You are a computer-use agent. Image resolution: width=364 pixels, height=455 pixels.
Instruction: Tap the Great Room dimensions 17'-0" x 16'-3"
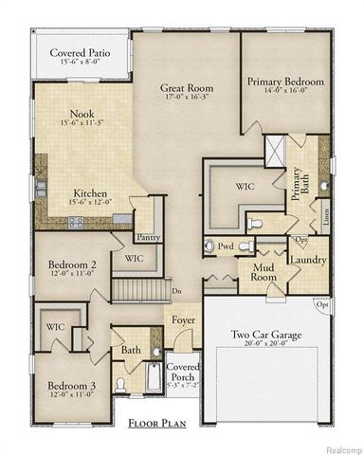pyautogui.click(x=186, y=95)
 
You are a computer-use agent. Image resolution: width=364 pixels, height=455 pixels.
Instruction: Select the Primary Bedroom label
pyautogui.click(x=285, y=82)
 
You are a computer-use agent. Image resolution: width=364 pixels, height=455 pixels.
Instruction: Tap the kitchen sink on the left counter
pyautogui.click(x=41, y=186)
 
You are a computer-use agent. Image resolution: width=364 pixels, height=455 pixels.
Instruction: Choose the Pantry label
pyautogui.click(x=147, y=238)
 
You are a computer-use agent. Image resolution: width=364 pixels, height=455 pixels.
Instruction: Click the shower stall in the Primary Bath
pyautogui.click(x=274, y=151)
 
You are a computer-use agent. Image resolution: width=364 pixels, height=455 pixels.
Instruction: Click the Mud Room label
pyautogui.click(x=269, y=275)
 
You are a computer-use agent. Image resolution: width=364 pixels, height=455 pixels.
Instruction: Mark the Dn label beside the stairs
pyautogui.click(x=176, y=292)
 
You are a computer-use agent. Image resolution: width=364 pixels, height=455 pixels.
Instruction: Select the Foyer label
pyautogui.click(x=183, y=319)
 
